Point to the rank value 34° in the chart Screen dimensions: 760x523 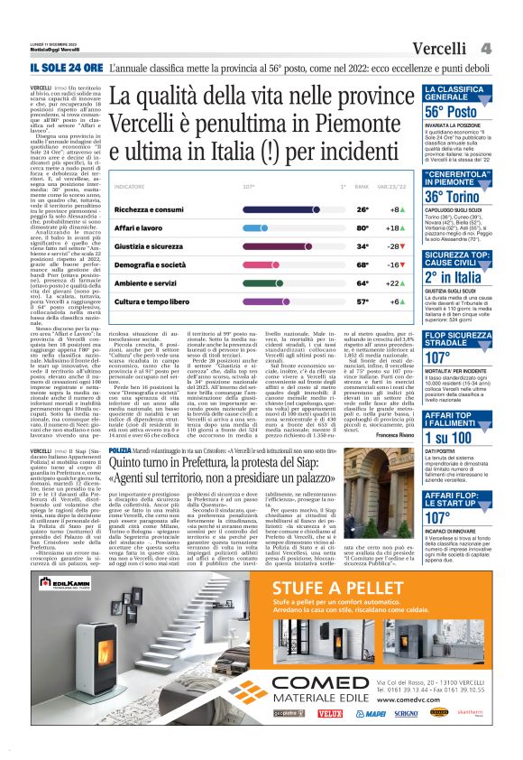362,246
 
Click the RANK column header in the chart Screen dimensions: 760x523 362,187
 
